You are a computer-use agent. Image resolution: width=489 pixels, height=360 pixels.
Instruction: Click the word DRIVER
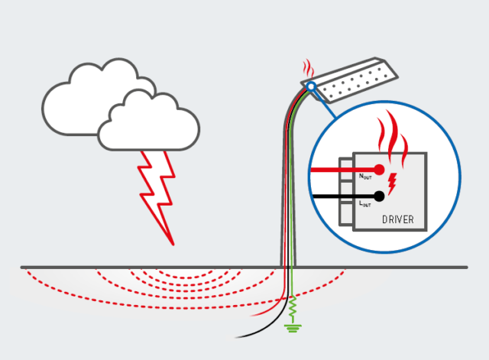point(397,220)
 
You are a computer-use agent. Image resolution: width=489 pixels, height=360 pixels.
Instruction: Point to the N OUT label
point(364,177)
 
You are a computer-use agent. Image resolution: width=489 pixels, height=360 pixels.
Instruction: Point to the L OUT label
point(364,204)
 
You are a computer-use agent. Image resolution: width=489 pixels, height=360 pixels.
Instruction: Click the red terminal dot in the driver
point(379,170)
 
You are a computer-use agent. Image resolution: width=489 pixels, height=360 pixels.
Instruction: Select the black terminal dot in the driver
point(379,196)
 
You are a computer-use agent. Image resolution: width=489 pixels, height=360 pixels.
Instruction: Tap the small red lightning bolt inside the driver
point(393,182)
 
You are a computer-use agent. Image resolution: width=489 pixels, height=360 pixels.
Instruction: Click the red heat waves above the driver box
point(394,134)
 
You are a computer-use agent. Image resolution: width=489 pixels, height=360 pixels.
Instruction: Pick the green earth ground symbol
point(291,329)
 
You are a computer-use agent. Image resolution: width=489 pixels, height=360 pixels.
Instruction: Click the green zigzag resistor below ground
point(291,310)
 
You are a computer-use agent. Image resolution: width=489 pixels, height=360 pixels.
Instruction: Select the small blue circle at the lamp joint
point(310,86)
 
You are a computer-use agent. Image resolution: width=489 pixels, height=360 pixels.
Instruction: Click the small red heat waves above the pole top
point(307,66)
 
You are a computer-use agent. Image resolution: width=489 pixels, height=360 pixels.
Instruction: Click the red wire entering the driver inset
point(336,170)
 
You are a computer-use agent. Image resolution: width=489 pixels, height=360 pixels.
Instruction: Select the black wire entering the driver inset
point(336,196)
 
